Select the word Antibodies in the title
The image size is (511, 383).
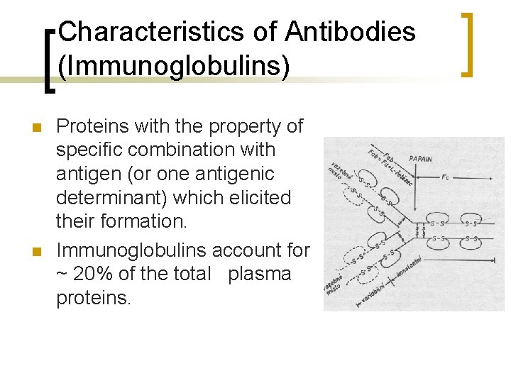click(351, 32)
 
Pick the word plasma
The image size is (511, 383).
click(259, 274)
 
